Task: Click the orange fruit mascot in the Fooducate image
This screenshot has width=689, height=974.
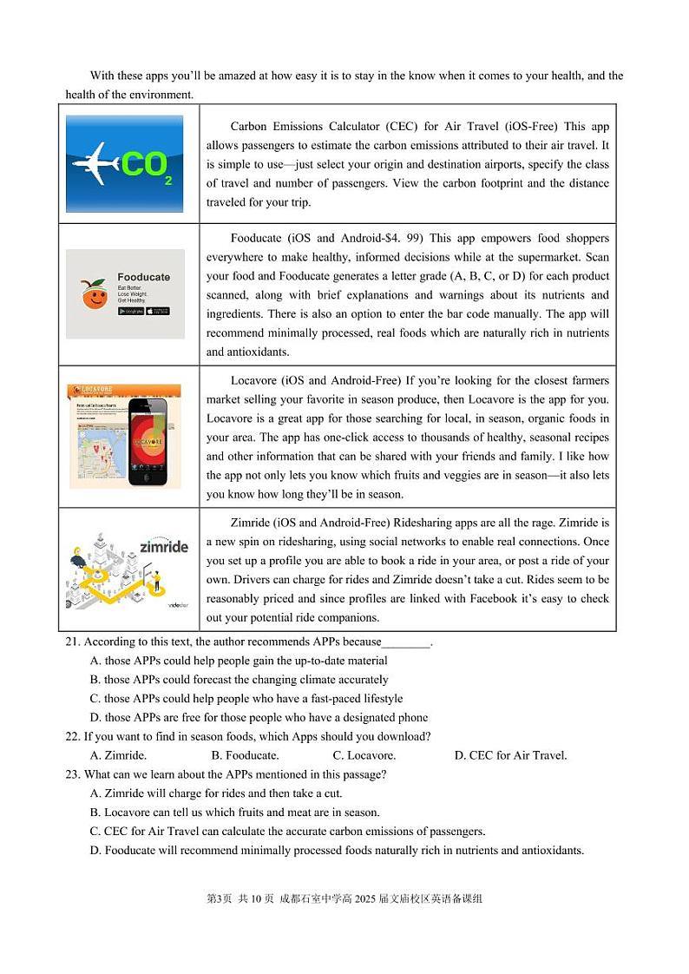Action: tap(95, 294)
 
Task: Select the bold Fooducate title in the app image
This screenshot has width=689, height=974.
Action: tap(144, 277)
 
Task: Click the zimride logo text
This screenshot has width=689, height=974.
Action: tap(164, 547)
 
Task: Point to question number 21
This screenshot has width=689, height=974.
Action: tap(73, 642)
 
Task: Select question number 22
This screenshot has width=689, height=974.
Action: tap(73, 736)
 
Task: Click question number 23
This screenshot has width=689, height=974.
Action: tap(73, 774)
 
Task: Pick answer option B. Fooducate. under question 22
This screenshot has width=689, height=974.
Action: tap(245, 755)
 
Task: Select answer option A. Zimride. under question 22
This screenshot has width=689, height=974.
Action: tap(118, 755)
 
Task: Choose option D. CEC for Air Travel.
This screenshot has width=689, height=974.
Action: tap(510, 755)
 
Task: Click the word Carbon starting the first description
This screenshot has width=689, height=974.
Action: tap(249, 126)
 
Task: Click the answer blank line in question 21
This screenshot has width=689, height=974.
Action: tap(406, 643)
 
